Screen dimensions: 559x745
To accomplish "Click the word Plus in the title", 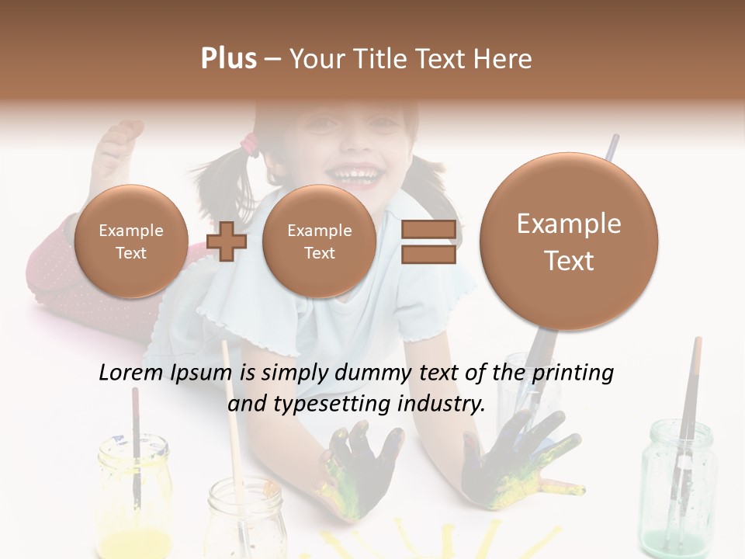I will pos(228,59).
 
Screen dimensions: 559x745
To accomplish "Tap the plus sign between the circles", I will pos(227,242).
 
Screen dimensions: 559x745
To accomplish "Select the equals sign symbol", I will pos(428,242).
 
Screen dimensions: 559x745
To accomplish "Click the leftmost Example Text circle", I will pos(131,241).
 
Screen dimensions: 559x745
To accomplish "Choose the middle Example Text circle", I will pos(319,241).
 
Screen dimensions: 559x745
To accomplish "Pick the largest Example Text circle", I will pos(569,242).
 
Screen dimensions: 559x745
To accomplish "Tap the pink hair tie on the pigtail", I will pos(249,142).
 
